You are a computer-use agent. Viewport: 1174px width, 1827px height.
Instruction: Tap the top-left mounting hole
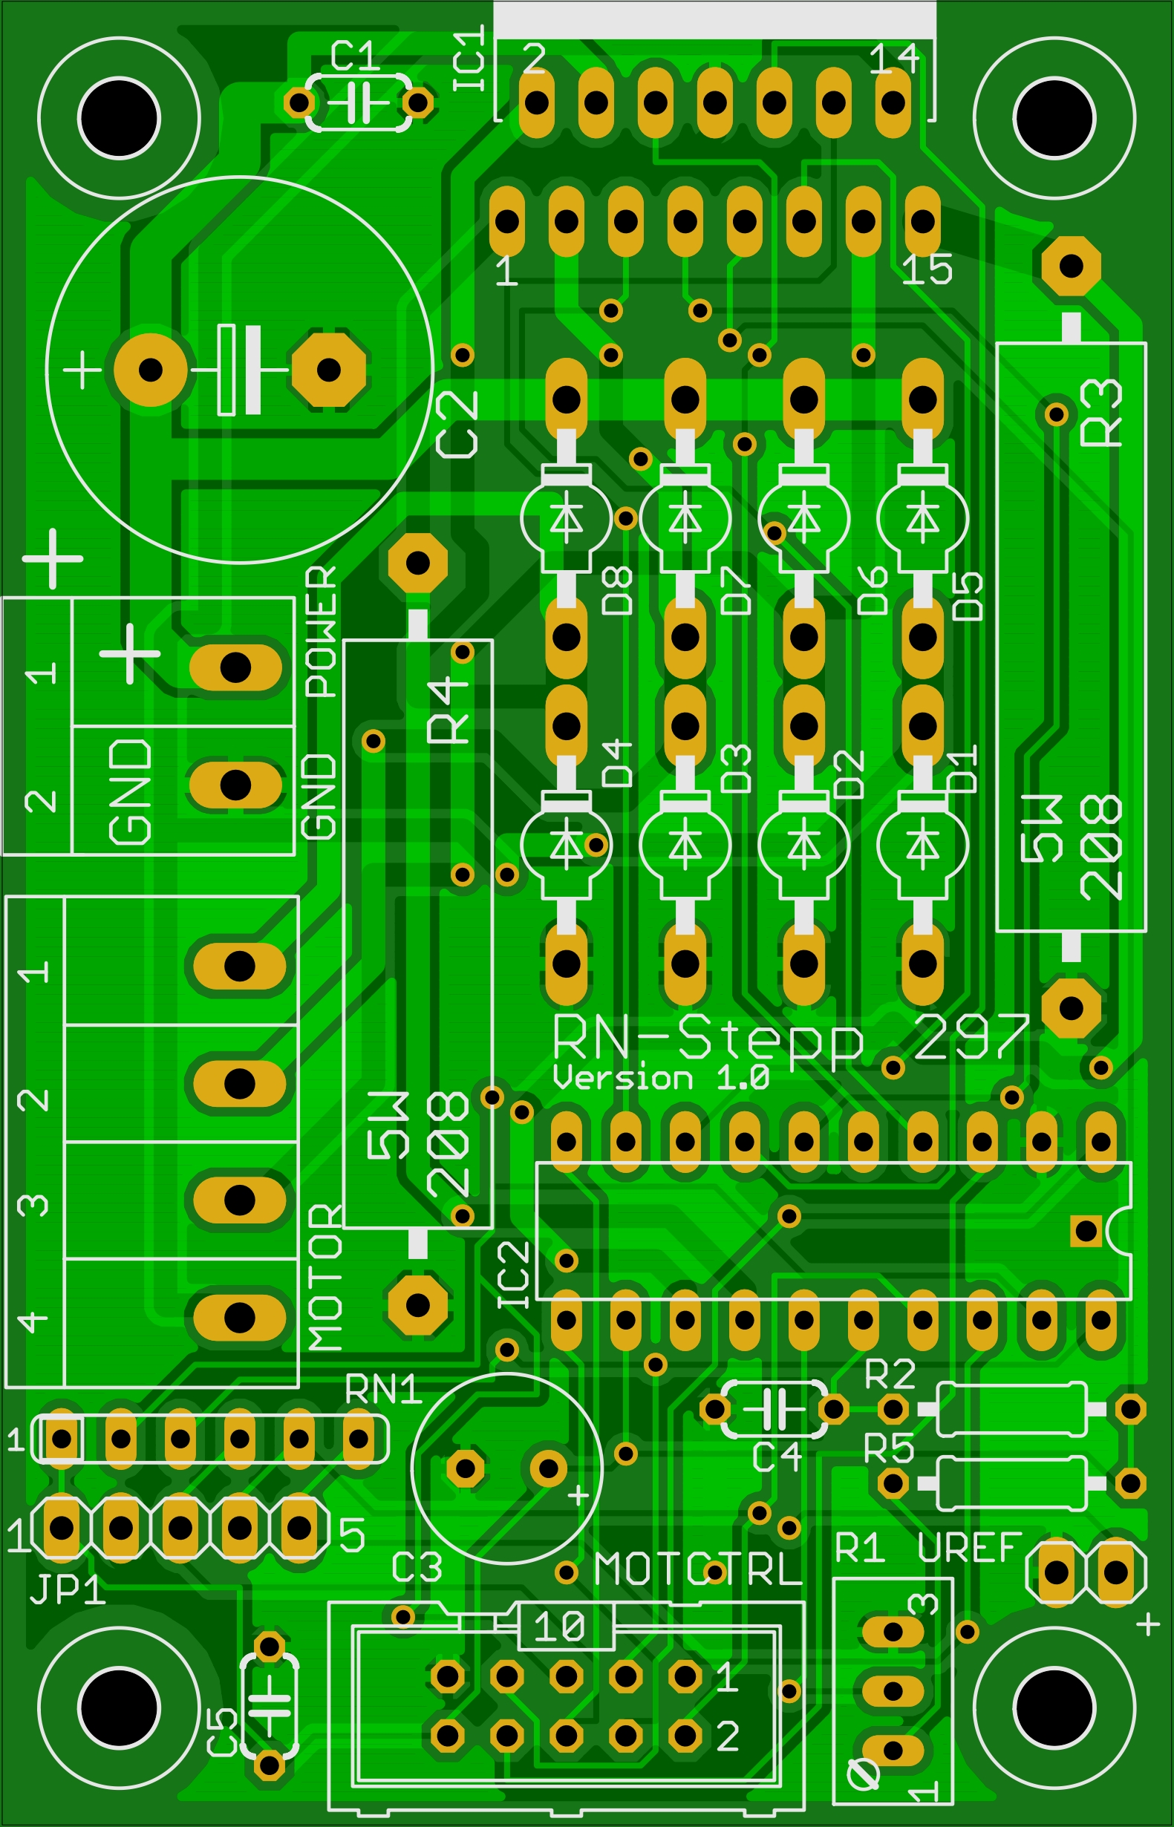119,118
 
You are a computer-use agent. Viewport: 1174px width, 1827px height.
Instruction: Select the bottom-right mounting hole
1055,1708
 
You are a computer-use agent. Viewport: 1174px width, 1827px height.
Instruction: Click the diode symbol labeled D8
567,518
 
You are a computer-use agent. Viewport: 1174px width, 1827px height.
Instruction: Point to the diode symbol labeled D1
922,845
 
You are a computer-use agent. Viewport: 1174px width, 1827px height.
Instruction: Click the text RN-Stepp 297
791,1039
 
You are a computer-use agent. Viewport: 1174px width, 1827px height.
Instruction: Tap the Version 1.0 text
661,1079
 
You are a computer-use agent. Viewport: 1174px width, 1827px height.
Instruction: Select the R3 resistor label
1101,412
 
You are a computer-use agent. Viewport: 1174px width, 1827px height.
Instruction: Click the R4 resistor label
447,710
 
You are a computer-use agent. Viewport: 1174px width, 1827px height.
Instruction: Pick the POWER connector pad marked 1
235,667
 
